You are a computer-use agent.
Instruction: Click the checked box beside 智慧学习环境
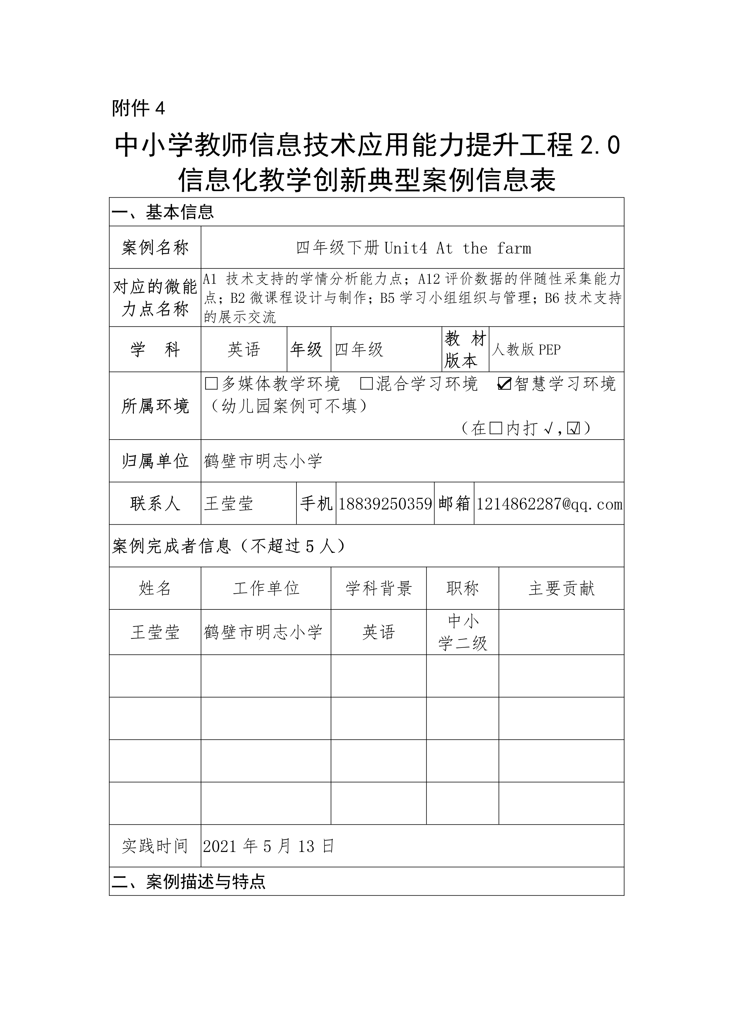[x=504, y=384]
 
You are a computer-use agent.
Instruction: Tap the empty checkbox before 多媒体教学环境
[x=211, y=384]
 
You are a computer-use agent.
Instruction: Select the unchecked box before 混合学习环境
[x=367, y=384]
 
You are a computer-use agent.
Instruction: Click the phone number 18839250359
[x=385, y=504]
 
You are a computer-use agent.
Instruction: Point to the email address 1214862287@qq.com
[x=549, y=504]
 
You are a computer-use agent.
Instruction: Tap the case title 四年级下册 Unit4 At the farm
[x=413, y=248]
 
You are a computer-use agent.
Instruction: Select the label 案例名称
[x=155, y=248]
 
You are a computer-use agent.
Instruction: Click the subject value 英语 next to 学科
[x=244, y=350]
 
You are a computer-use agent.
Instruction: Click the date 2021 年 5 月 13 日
[x=269, y=846]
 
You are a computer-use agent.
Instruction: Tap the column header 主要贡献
[x=562, y=588]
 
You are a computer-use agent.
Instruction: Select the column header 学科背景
[x=379, y=588]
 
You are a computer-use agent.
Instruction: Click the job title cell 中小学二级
[x=463, y=632]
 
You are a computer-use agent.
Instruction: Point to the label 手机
[x=316, y=504]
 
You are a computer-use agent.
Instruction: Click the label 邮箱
[x=454, y=504]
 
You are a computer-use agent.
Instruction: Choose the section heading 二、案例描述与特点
[x=189, y=881]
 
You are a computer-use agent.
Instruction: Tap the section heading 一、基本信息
[x=163, y=212]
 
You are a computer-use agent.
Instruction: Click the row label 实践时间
[x=155, y=846]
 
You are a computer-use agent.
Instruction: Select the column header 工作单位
[x=266, y=588]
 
